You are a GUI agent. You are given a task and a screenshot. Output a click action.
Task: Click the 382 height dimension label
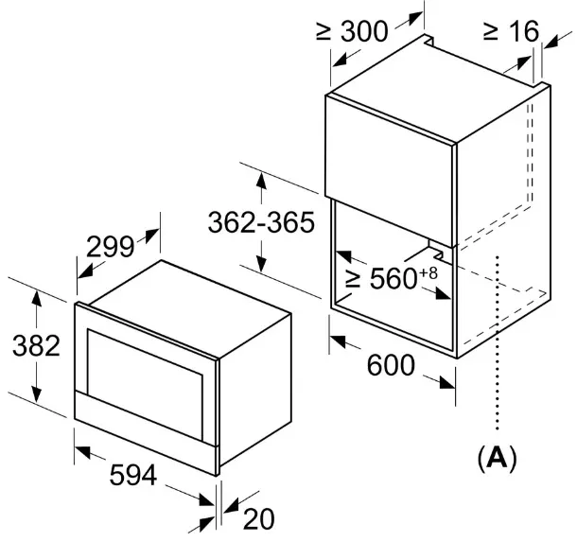[x=36, y=346]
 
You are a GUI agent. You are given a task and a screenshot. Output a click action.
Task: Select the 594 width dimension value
[x=133, y=475]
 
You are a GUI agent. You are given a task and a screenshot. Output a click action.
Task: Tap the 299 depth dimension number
[x=110, y=247]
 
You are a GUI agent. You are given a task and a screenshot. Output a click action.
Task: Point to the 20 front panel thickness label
[x=258, y=519]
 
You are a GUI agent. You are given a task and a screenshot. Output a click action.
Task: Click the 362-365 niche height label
[x=261, y=222]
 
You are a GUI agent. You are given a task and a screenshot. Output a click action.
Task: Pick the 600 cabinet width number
[x=391, y=365]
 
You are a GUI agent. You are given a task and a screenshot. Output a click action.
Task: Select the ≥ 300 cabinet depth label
[x=352, y=31]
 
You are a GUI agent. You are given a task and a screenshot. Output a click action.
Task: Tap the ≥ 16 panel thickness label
[x=512, y=31]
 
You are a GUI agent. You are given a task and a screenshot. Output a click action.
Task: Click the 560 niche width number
[x=393, y=278]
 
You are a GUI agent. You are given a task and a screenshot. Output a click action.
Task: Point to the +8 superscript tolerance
[x=428, y=273]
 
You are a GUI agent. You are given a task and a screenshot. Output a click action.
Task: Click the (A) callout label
[x=498, y=458]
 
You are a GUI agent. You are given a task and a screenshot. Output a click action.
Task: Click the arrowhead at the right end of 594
[x=207, y=500]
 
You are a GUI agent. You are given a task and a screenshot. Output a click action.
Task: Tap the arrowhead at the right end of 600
[x=447, y=383]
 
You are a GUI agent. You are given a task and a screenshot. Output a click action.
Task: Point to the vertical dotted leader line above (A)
[x=498, y=342]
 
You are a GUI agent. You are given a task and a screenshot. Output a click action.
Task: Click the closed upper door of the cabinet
[x=390, y=170]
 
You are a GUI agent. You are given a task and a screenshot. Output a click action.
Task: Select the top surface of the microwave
[x=189, y=308]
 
